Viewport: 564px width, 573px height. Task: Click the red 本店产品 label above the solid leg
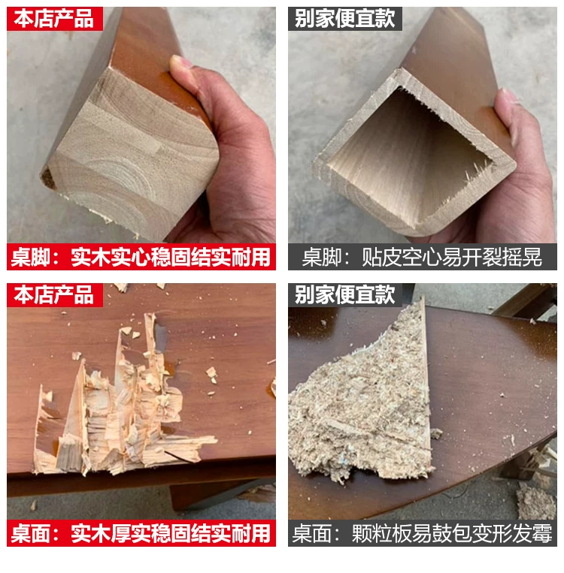[55, 19]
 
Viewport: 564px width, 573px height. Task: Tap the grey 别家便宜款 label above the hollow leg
[344, 19]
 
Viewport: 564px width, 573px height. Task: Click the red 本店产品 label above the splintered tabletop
[55, 295]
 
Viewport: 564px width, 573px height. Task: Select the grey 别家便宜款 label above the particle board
[344, 295]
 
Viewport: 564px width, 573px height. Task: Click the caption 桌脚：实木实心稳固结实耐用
[141, 257]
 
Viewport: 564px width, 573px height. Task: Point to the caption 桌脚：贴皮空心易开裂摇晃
[423, 257]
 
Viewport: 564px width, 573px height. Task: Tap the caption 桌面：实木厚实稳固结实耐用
[141, 533]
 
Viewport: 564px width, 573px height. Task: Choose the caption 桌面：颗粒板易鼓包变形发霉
[423, 533]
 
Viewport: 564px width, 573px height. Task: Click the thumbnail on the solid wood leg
[180, 61]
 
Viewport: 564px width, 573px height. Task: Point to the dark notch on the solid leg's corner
[48, 177]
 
